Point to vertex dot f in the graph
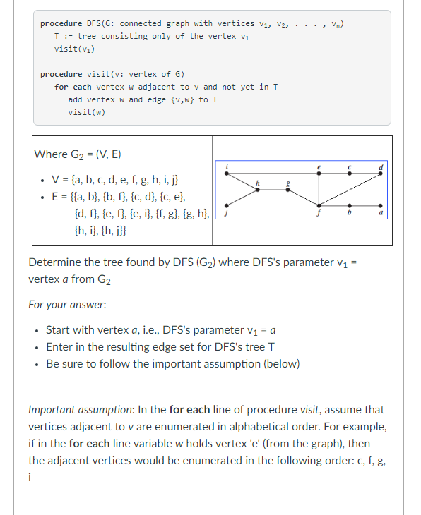tap(319, 205)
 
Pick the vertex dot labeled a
tap(381, 205)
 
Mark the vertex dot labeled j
tap(226, 205)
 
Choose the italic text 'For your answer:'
tap(67, 305)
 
